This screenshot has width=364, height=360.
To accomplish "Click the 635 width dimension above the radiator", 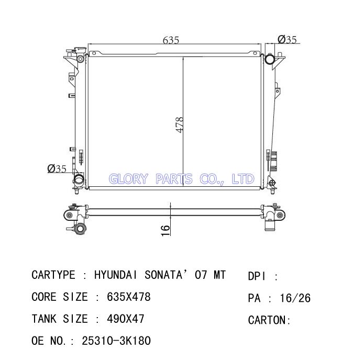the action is point(171,40).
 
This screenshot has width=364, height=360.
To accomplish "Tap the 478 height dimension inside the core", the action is point(180,125).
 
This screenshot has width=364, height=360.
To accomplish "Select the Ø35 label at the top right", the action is point(287,39).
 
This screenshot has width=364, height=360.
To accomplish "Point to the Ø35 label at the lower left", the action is point(57,168).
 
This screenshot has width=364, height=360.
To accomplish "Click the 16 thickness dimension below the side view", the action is point(166,231).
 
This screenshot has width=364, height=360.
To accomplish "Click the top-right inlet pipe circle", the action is point(270,59).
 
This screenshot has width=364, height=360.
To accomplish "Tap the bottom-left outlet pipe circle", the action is point(79,179).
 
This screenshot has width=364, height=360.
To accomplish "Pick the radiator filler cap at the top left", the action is point(80,50).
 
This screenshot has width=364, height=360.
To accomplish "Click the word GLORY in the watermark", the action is point(128,179).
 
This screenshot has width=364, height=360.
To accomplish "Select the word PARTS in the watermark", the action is point(174,179).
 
